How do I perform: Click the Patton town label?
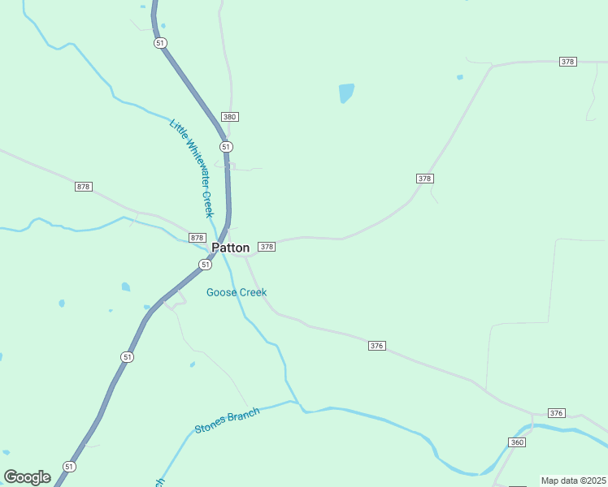(x=230, y=248)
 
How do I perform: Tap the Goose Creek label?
(x=236, y=292)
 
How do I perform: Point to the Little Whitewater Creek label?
(x=191, y=168)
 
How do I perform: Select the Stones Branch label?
(x=227, y=420)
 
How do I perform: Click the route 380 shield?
(x=229, y=117)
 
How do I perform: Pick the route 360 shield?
(x=517, y=442)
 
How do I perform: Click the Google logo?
(x=27, y=477)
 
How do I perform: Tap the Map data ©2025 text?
(x=573, y=481)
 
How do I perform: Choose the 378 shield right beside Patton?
(x=267, y=246)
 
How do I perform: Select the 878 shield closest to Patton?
(x=197, y=238)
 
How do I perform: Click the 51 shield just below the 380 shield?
(x=226, y=147)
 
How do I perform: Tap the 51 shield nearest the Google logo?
(x=69, y=467)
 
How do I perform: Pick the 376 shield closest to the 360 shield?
(x=556, y=413)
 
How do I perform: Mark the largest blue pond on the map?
(x=346, y=93)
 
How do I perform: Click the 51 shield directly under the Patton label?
(x=204, y=265)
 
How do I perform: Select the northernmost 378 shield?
(x=568, y=62)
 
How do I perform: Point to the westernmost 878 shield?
(x=83, y=187)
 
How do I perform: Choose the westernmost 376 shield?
(x=376, y=346)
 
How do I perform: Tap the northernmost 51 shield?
(x=160, y=43)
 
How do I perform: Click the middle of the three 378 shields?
(x=424, y=179)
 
